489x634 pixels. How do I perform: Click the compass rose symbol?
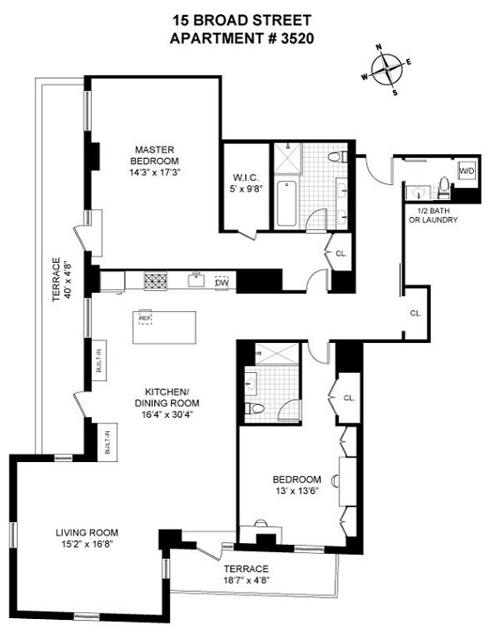[x=386, y=70]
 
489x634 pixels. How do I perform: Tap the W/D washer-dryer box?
[x=465, y=170]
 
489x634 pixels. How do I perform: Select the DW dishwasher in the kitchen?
[x=222, y=282]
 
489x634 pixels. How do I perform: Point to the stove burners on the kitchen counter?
[x=156, y=282]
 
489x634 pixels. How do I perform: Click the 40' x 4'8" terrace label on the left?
[x=58, y=279]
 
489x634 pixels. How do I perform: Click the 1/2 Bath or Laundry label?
[x=431, y=213]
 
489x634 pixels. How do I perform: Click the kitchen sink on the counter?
[x=195, y=282]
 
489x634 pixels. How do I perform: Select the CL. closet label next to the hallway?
[x=415, y=312]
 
